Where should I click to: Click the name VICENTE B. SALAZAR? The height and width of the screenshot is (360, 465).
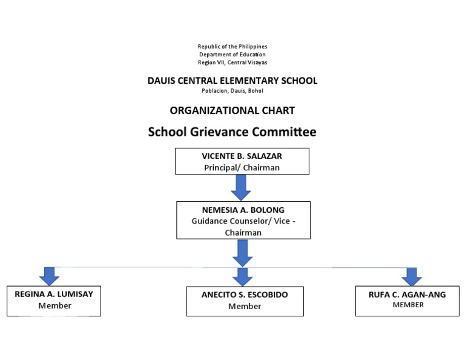242,156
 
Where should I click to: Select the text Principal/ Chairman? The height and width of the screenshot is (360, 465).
242,167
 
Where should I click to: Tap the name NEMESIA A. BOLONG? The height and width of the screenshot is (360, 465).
243,210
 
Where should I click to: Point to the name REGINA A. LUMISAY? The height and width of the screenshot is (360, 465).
54,294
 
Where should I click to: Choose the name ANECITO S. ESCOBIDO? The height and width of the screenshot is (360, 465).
245,295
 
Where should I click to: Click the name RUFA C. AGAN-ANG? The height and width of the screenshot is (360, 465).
407,295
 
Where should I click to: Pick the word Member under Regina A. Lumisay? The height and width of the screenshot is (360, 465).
54,305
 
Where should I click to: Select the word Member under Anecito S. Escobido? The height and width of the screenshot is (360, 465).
245,306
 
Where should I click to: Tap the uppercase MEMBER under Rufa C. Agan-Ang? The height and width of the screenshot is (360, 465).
407,305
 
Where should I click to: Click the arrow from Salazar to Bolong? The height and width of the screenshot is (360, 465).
241,187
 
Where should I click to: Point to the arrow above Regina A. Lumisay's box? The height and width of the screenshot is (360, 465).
50,276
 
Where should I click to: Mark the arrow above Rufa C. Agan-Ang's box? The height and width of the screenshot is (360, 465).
412,276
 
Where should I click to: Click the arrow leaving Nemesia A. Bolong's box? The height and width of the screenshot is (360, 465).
242,253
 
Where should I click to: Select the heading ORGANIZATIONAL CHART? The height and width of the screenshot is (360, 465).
232,110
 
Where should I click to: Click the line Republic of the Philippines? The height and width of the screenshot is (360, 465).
232,47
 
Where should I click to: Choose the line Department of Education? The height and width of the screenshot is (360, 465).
232,55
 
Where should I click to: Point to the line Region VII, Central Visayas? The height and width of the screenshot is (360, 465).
232,62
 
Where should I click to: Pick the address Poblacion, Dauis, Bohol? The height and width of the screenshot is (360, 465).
232,91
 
